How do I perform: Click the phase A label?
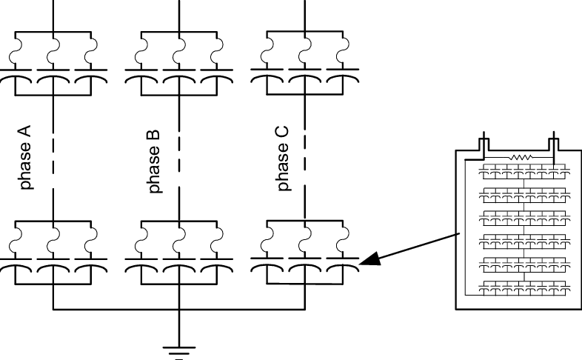point(26,157)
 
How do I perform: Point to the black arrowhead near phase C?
point(369,259)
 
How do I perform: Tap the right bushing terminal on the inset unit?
point(552,145)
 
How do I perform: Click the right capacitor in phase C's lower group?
point(343,262)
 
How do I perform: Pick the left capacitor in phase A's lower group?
point(15,262)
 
